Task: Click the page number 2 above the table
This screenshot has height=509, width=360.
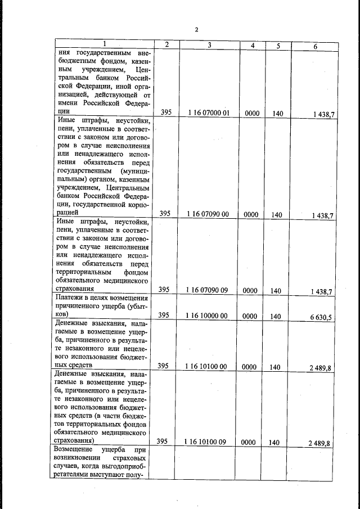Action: pos(197,30)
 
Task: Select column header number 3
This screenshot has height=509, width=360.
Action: pos(209,45)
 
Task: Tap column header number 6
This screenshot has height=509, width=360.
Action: pos(315,46)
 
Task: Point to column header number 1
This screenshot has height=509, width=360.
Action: pos(103,44)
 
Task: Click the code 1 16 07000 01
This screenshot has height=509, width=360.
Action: pos(208,114)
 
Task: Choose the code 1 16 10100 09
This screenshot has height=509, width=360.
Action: pos(206,442)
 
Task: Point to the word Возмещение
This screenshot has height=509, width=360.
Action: pos(74,451)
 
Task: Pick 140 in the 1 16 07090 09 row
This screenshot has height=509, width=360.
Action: pos(276,290)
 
